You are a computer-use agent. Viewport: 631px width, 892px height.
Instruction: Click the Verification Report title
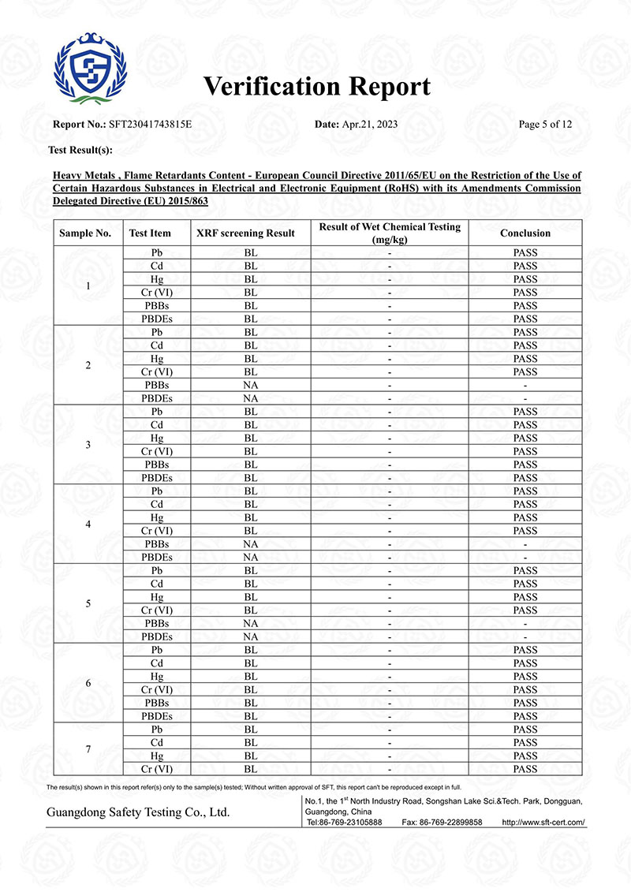click(x=317, y=87)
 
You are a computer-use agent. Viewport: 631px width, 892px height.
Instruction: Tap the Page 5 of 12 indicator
click(x=545, y=125)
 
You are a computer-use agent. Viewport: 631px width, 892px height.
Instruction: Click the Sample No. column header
click(x=85, y=233)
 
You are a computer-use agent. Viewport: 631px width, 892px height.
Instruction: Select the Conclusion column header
click(x=525, y=233)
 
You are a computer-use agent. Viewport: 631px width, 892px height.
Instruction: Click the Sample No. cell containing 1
click(x=88, y=286)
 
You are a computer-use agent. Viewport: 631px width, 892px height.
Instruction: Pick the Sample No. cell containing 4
click(x=88, y=524)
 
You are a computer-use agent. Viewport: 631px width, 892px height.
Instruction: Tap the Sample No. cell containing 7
click(x=88, y=749)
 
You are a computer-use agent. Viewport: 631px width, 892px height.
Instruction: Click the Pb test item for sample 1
click(x=156, y=253)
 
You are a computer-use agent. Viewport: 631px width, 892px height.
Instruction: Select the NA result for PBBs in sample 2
click(x=251, y=385)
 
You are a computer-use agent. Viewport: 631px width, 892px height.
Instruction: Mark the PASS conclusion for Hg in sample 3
click(x=525, y=439)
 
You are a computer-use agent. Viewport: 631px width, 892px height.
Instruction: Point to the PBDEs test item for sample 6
click(x=156, y=716)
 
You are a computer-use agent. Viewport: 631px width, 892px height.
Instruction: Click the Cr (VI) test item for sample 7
click(x=156, y=769)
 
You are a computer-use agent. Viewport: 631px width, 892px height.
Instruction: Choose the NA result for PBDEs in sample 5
click(x=251, y=636)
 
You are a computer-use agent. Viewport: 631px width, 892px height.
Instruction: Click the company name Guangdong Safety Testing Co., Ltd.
click(x=138, y=812)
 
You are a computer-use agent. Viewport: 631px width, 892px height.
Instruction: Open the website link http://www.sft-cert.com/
click(x=543, y=822)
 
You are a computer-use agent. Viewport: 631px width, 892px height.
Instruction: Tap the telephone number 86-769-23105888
click(x=352, y=822)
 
